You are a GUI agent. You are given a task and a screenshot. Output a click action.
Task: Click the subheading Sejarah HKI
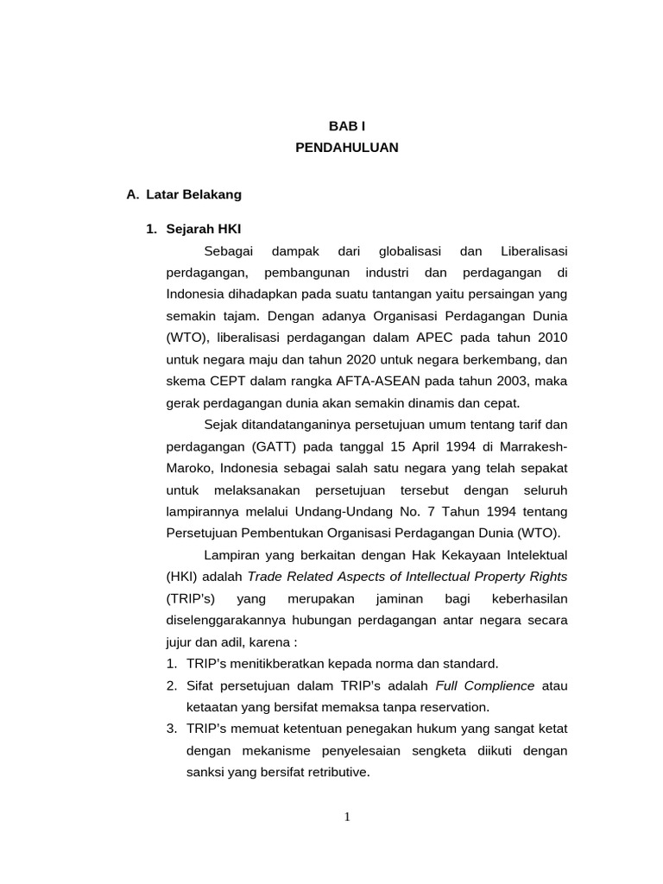point(204,229)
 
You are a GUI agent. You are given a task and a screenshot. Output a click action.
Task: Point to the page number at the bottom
point(346,818)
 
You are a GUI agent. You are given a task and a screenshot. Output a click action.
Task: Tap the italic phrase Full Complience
point(485,685)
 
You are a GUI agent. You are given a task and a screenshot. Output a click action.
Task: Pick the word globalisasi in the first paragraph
point(410,250)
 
